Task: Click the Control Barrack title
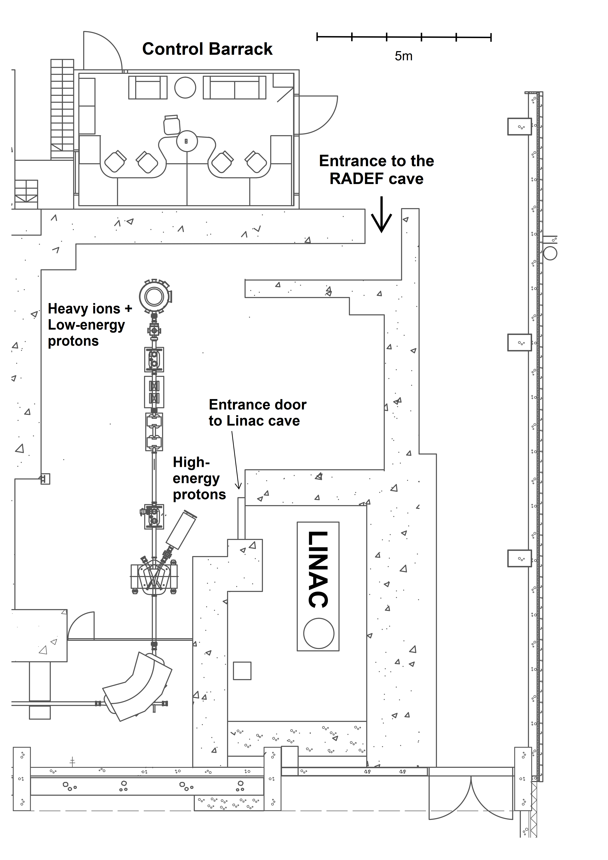207,49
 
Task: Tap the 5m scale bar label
403,56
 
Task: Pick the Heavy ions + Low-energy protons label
90,325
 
